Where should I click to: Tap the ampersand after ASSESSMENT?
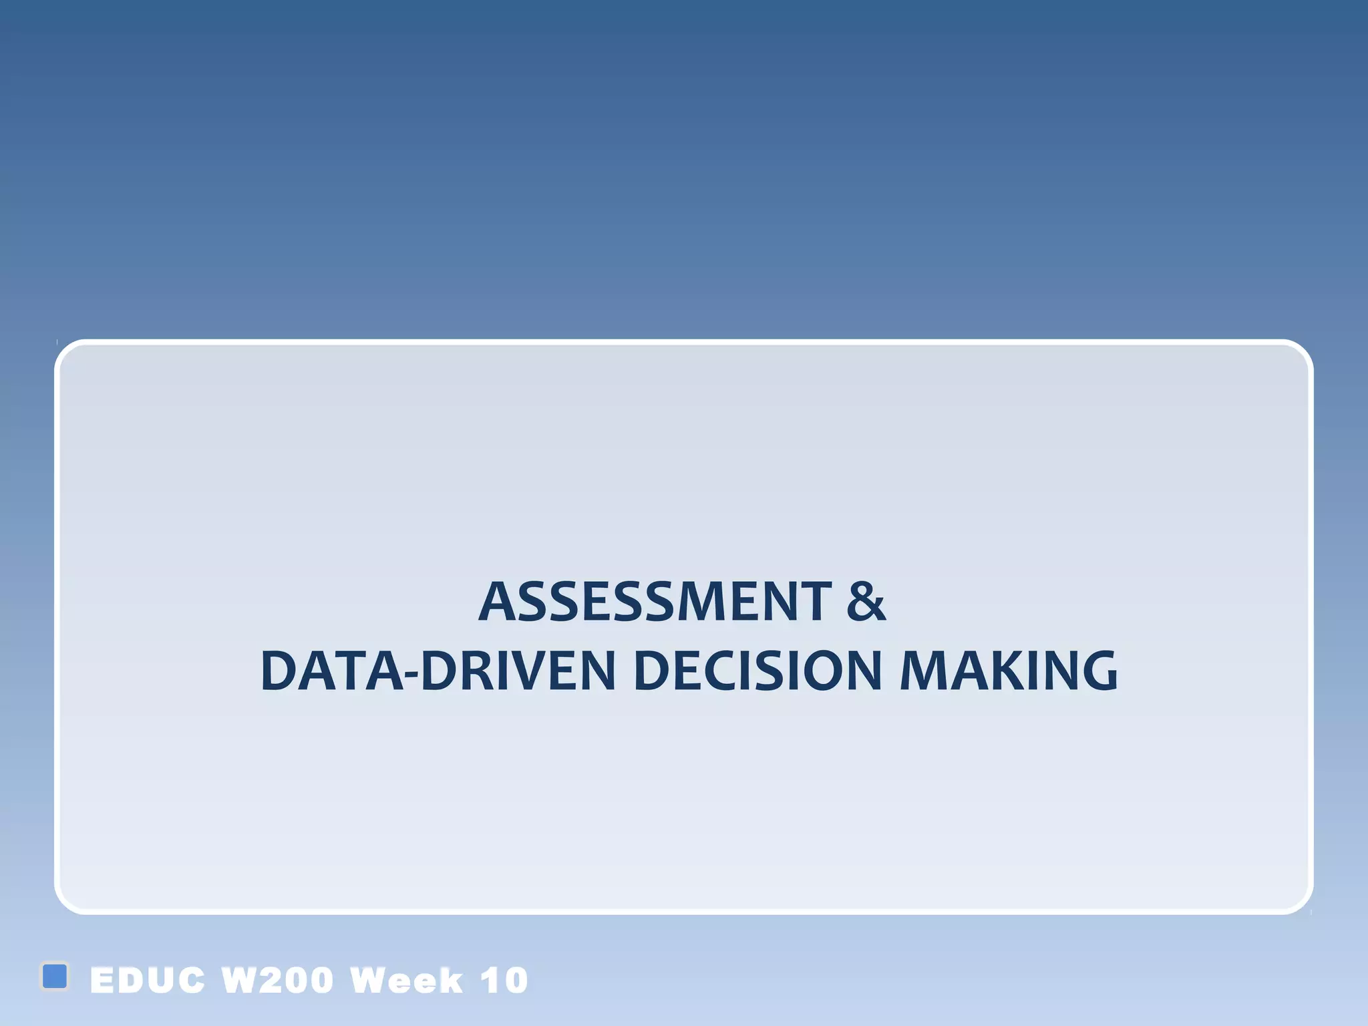coord(866,602)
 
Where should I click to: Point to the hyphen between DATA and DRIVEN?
coord(412,675)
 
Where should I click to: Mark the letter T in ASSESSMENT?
coord(816,602)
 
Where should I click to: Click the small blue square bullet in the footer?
coord(55,976)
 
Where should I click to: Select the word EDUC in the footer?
coord(148,981)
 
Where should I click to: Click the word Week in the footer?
coord(406,981)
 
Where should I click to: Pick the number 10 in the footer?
coord(504,981)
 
